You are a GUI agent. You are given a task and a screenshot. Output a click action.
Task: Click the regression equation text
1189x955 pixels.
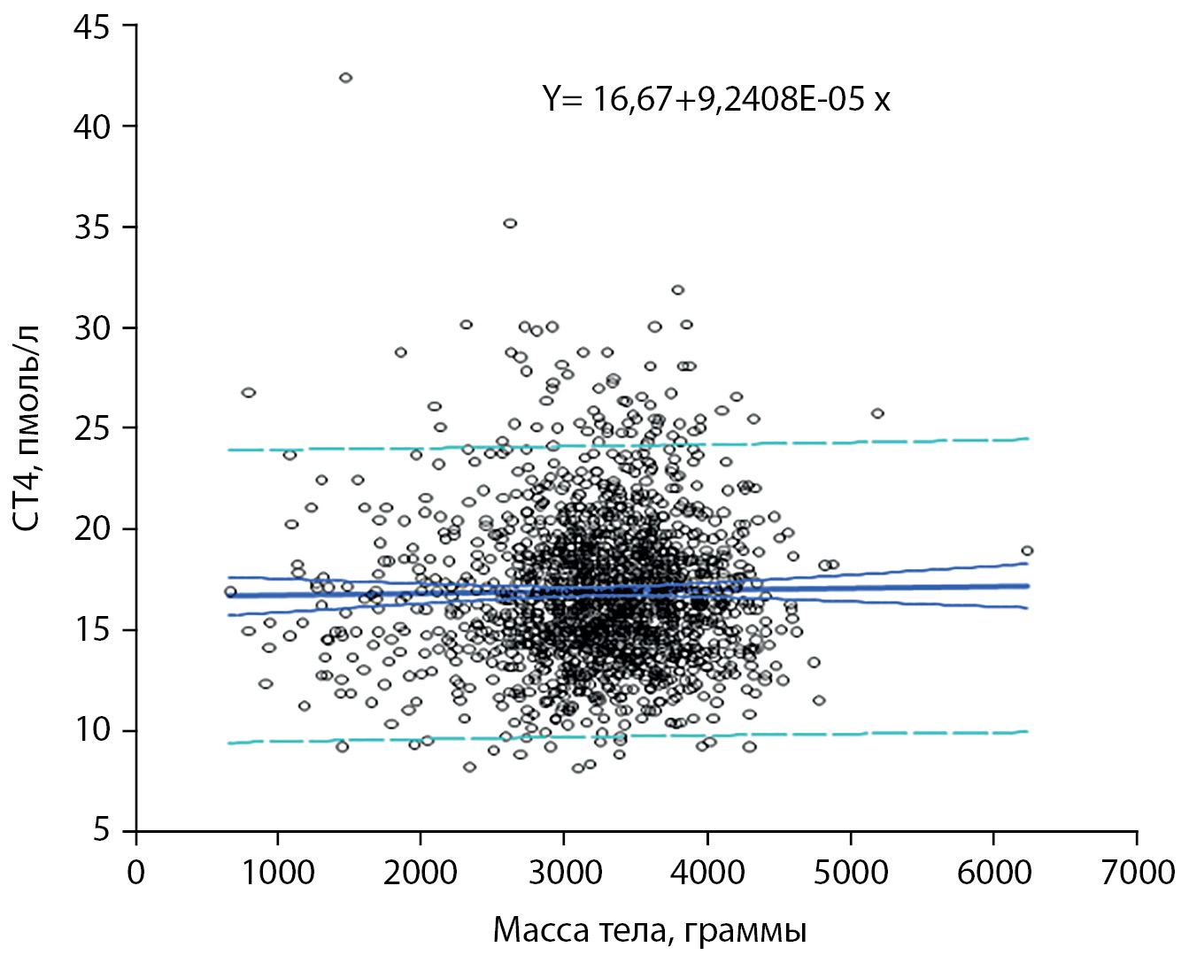click(716, 98)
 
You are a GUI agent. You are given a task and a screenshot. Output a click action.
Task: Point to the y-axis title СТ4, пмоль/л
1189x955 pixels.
click(28, 428)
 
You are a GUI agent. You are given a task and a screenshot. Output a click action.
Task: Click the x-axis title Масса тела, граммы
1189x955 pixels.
click(649, 931)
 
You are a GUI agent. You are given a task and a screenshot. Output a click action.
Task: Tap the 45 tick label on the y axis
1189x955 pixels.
click(91, 27)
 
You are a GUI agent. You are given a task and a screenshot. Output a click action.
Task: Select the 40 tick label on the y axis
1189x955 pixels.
click(91, 127)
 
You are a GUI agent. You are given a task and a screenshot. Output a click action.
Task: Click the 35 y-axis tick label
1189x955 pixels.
click(91, 227)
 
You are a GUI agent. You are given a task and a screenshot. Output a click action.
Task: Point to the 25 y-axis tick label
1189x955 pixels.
click(91, 428)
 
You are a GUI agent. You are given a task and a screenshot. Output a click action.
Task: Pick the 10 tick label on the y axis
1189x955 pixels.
click(91, 731)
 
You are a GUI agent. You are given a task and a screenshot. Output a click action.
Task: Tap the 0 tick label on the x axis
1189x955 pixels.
click(135, 873)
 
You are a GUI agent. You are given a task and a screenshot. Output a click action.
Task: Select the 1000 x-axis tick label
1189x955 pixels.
click(278, 873)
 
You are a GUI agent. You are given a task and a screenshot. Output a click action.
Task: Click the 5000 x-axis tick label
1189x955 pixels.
click(851, 873)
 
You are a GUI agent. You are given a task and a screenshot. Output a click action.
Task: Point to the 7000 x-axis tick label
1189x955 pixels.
click(1138, 873)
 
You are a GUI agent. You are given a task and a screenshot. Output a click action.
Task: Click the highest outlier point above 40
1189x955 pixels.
click(345, 78)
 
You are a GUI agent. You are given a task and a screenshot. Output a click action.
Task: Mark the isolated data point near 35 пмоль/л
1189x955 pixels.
click(510, 223)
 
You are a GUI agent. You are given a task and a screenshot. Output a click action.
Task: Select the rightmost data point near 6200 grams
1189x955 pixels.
click(1027, 551)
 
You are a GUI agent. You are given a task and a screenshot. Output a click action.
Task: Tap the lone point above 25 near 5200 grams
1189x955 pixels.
click(877, 413)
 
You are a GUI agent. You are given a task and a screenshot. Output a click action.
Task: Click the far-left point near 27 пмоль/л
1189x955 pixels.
click(249, 392)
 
